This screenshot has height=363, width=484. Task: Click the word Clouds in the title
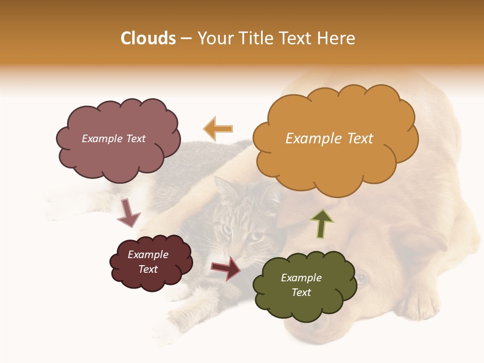(x=148, y=38)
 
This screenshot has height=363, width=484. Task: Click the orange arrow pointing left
(x=218, y=129)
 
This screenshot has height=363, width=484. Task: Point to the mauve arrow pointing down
(x=128, y=213)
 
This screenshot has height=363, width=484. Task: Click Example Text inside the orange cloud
(x=329, y=139)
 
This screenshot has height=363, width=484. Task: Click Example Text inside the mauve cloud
(x=113, y=139)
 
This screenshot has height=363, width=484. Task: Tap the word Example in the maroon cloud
(x=148, y=255)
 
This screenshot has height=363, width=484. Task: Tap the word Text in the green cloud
(x=301, y=292)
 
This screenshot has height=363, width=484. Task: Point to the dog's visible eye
(x=361, y=279)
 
